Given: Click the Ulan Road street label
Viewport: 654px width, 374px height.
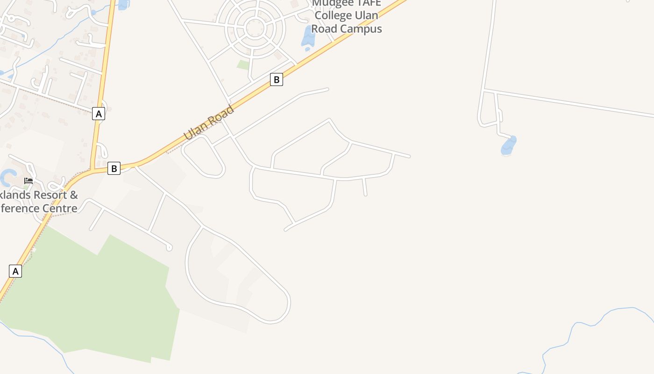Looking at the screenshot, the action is [x=209, y=123].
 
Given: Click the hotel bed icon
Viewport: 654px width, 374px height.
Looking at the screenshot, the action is [x=28, y=180].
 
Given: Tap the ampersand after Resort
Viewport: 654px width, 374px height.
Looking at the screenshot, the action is [x=74, y=195].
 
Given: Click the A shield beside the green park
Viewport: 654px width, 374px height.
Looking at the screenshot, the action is [x=15, y=271].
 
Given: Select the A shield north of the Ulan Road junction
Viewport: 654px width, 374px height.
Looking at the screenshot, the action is [x=98, y=114].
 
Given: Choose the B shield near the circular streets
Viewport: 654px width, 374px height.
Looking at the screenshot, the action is [x=277, y=79].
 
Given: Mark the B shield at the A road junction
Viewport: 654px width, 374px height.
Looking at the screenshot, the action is [x=114, y=168].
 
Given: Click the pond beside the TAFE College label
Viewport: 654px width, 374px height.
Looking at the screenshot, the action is [x=308, y=38].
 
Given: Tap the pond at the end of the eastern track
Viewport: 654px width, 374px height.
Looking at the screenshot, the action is [x=509, y=146].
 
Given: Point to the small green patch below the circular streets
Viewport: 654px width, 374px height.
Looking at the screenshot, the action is [x=243, y=65].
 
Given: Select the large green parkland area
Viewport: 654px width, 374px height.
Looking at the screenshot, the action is [x=93, y=299].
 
